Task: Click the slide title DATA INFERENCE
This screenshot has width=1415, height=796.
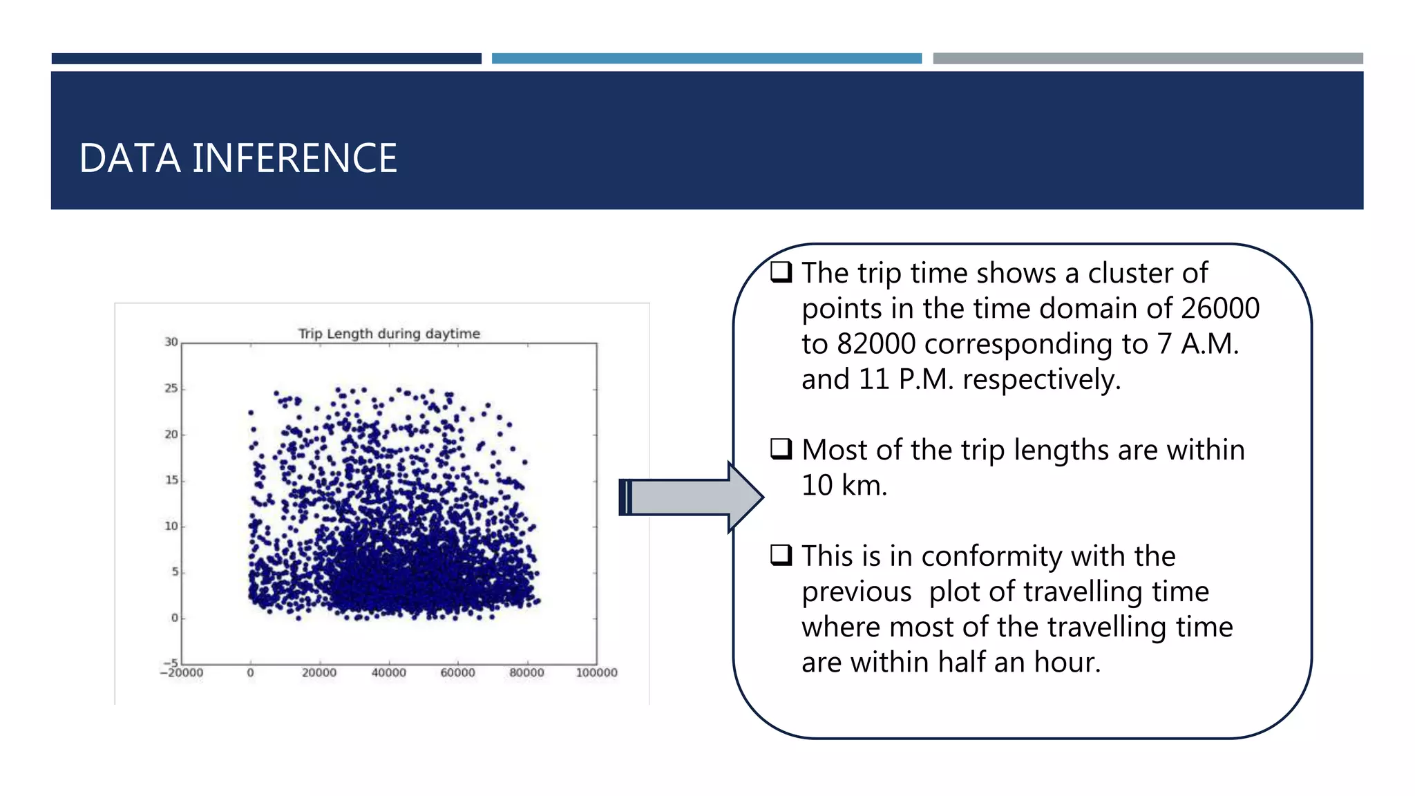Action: pos(238,158)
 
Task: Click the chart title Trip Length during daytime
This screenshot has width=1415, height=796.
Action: pos(389,334)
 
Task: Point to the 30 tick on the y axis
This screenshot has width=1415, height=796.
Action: pos(171,342)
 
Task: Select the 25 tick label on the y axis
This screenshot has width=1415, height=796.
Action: pos(171,388)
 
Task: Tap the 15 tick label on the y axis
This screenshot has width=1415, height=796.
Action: pos(171,480)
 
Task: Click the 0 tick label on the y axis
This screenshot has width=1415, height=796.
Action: pos(175,618)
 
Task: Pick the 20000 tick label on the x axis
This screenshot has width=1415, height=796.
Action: pos(319,673)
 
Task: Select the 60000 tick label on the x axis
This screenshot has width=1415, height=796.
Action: pos(457,673)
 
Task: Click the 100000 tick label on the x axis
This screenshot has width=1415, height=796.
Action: pos(596,673)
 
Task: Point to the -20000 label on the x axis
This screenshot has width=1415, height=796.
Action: pos(182,673)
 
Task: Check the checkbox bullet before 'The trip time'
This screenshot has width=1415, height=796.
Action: pos(781,272)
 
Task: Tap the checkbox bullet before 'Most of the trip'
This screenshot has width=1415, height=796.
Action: pos(781,448)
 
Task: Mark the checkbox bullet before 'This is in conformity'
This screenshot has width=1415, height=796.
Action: pos(781,554)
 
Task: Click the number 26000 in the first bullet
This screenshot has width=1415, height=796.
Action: pos(1219,308)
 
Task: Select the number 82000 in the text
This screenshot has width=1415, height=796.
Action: pos(876,344)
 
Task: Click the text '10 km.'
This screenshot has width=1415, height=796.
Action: pos(844,485)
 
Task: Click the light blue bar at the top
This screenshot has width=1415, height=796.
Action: pos(706,59)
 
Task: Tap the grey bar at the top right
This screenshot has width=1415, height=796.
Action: pos(1148,59)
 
